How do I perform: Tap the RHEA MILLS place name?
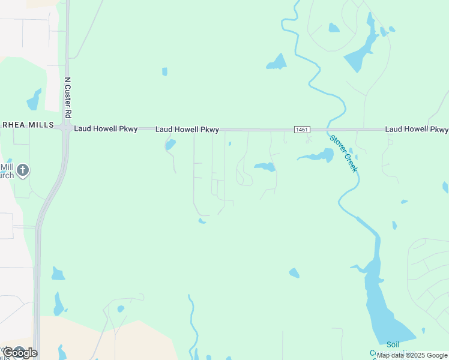coord(27,125)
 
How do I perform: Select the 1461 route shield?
coord(302,130)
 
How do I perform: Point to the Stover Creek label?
coord(343,153)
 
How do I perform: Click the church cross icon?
coord(23,170)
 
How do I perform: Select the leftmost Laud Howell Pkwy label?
coord(106,129)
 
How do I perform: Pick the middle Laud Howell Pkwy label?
coord(187,130)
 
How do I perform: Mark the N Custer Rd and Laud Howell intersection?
coord(66,128)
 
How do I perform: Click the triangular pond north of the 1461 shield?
coord(277,62)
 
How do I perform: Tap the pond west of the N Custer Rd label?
coord(34,100)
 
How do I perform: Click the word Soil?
coord(393,344)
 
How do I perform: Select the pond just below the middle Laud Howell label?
coord(170,145)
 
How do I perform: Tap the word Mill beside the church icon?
coord(7,167)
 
